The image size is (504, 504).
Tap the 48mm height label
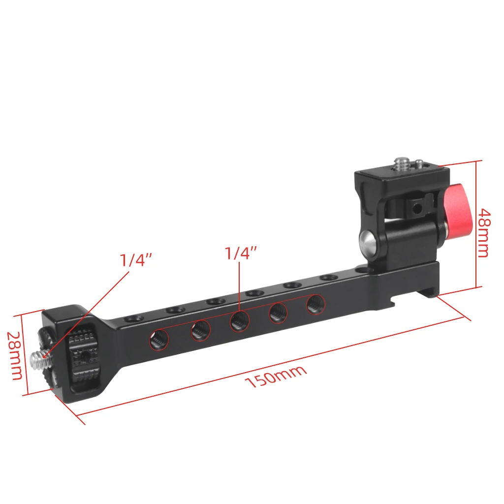click(x=483, y=233)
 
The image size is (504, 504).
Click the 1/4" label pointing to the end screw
click(x=137, y=260)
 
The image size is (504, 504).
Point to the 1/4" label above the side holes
click(x=241, y=253)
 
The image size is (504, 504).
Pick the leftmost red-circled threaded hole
click(x=158, y=340)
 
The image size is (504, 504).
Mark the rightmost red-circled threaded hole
click(x=315, y=305)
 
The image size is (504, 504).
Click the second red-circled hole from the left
click(x=200, y=331)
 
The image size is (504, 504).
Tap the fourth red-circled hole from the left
click(x=278, y=313)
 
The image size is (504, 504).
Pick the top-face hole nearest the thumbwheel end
click(x=133, y=320)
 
